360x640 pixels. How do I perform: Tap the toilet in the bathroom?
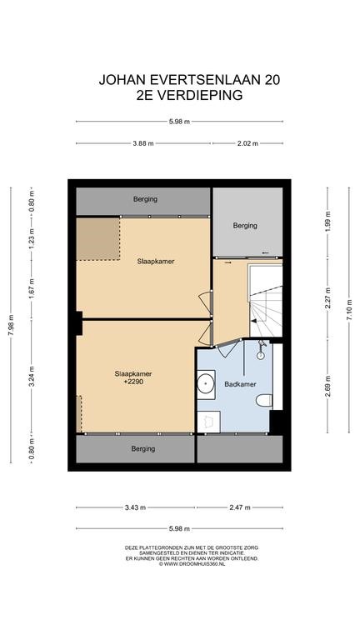pyautogui.click(x=264, y=400)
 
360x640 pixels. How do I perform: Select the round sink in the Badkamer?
pyautogui.click(x=206, y=384)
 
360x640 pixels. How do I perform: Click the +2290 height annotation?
pyautogui.click(x=133, y=382)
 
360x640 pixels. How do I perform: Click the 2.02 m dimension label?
pyautogui.click(x=248, y=143)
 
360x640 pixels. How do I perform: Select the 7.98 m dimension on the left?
pyautogui.click(x=11, y=325)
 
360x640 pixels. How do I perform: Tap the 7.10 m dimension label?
pyautogui.click(x=349, y=310)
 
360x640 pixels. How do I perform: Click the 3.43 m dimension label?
pyautogui.click(x=135, y=507)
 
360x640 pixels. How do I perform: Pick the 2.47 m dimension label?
pyautogui.click(x=240, y=507)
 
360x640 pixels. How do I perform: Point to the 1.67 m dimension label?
pyautogui.click(x=32, y=289)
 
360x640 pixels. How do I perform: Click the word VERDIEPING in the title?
pyautogui.click(x=200, y=95)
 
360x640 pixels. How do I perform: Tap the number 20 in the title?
pyautogui.click(x=272, y=80)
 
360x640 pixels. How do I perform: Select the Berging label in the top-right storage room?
pyautogui.click(x=245, y=225)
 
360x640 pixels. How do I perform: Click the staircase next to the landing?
pyautogui.click(x=266, y=302)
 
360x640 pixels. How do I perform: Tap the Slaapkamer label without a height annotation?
pyautogui.click(x=156, y=262)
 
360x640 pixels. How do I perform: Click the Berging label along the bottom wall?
pyautogui.click(x=143, y=449)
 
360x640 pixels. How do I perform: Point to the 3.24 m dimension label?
pyautogui.click(x=32, y=376)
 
